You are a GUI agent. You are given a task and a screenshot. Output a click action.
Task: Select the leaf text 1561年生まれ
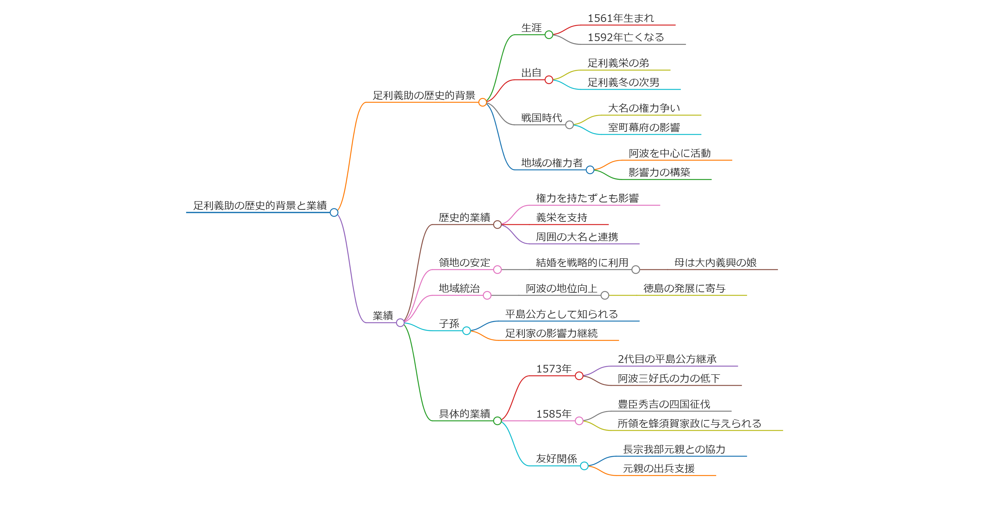621,18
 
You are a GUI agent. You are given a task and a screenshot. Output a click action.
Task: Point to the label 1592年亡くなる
626,37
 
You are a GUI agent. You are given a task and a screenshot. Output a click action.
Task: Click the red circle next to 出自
549,80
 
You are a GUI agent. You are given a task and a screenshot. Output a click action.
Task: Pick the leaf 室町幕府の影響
644,127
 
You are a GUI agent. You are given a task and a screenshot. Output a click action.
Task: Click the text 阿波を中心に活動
670,153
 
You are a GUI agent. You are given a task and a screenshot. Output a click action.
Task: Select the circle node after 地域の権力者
590,170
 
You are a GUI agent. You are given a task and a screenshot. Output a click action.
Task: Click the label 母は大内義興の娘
715,263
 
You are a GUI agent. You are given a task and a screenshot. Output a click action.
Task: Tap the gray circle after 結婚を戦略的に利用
636,270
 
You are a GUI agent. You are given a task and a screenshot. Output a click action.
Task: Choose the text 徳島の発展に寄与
684,288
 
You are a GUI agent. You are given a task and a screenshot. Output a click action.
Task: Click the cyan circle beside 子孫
466,331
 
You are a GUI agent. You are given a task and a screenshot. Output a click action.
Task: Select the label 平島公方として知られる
561,314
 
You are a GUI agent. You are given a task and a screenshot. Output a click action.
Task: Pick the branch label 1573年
554,369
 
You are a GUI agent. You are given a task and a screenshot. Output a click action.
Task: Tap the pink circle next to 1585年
579,421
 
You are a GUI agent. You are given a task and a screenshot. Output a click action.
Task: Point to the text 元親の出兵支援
659,468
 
